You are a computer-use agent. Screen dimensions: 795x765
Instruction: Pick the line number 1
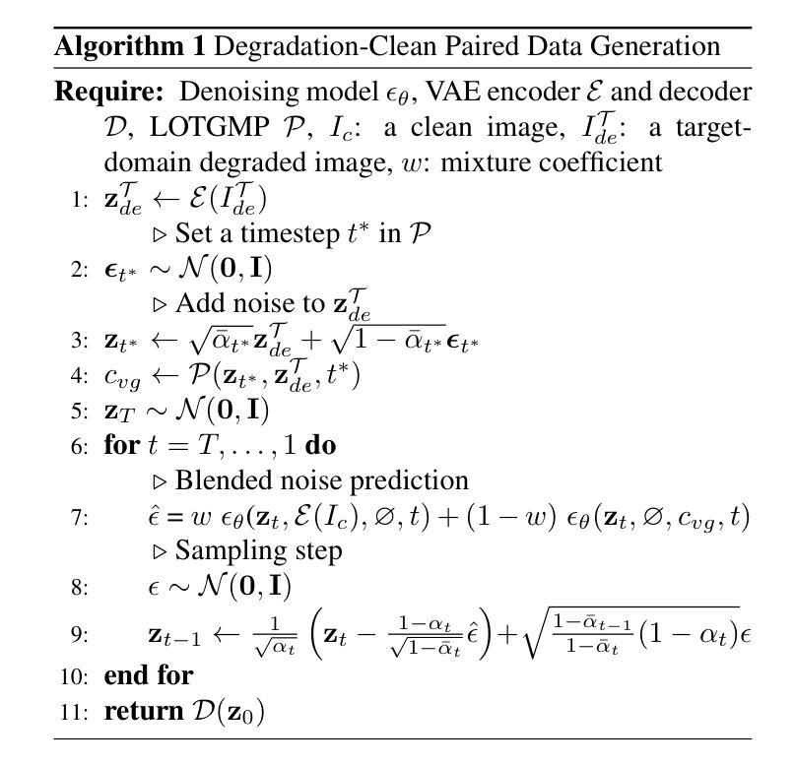(81, 200)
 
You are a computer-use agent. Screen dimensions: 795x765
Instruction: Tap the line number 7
(81, 516)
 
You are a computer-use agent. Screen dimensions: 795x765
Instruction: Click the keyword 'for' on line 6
(122, 445)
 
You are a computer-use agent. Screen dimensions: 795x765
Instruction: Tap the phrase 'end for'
(149, 675)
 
